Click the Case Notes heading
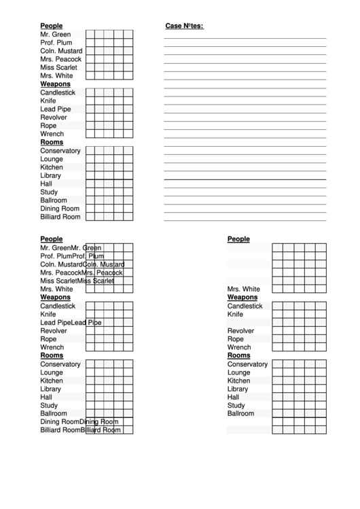click(184, 26)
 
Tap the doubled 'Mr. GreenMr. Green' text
click(71, 248)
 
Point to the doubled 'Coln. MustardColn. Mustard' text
click(82, 264)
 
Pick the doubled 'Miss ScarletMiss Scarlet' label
click(77, 281)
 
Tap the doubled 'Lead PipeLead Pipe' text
click(71, 322)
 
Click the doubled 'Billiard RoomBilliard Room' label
click(80, 429)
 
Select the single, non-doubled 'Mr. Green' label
click(55, 35)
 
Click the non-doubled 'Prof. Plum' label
click(56, 43)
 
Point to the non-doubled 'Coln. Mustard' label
click(61, 51)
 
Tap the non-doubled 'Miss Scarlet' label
click(58, 67)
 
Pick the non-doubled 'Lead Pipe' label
click(55, 109)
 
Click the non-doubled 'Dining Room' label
click(60, 209)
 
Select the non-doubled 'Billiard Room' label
click(60, 217)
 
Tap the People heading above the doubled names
click(51, 239)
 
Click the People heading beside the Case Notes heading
click(51, 26)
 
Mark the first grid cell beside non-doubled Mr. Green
click(90, 35)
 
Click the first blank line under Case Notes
click(245, 38)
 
